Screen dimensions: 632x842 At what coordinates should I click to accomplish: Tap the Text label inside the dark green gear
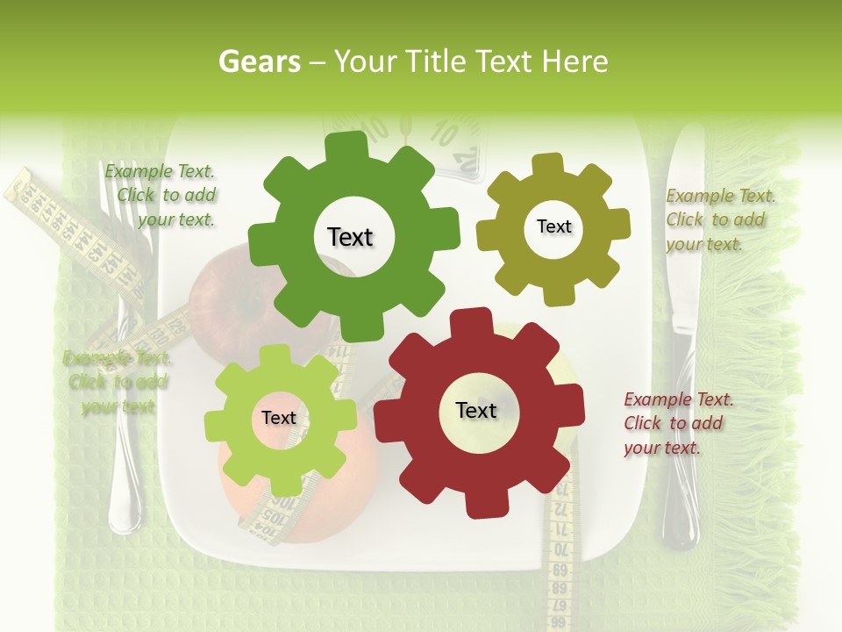(x=350, y=237)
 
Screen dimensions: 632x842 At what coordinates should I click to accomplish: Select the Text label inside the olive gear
(x=553, y=226)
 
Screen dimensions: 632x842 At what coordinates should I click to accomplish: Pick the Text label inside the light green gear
(x=278, y=418)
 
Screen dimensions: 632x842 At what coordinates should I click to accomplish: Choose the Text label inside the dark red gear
(x=475, y=410)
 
